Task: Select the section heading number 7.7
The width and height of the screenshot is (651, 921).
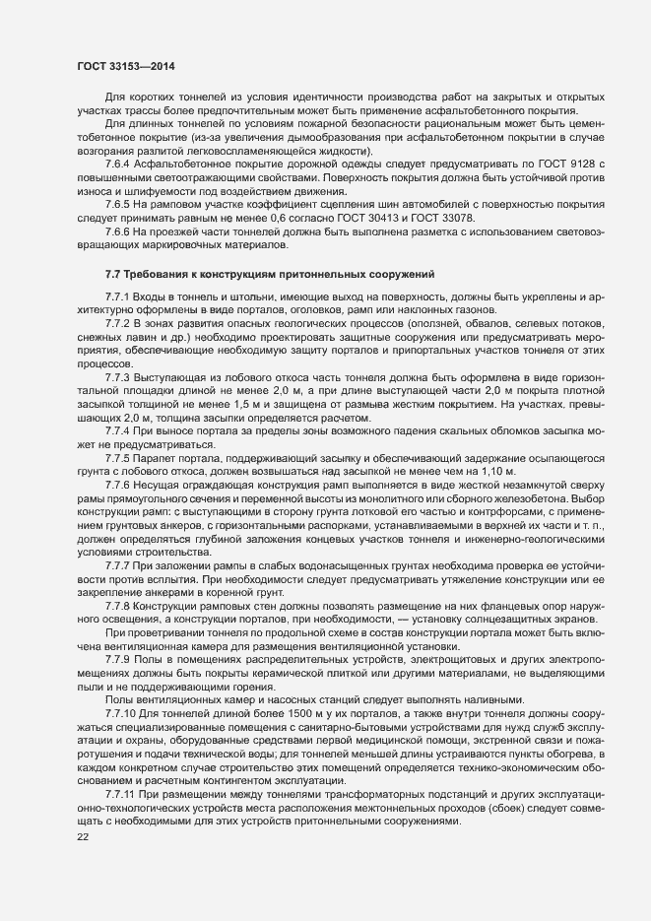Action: (112, 271)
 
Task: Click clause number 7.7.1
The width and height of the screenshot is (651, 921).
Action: (119, 296)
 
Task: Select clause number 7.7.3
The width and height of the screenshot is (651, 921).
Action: (119, 379)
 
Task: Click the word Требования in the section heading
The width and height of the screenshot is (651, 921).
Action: (160, 271)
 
